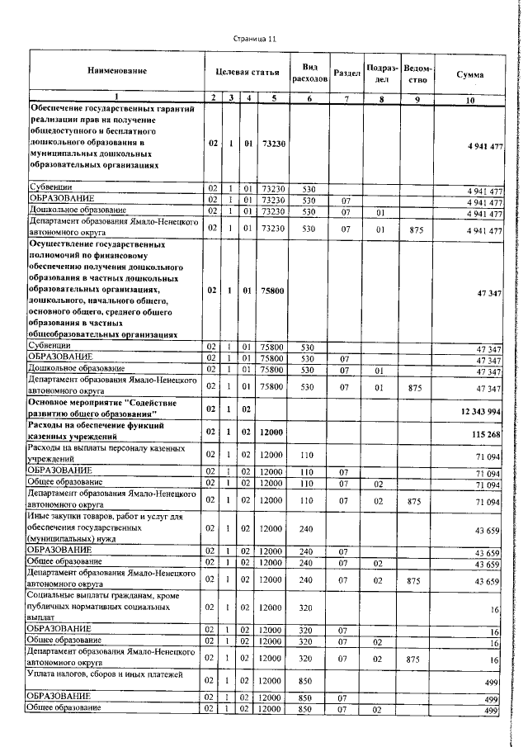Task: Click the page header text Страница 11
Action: (x=255, y=39)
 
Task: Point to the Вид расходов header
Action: (x=309, y=73)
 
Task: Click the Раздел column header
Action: (x=346, y=73)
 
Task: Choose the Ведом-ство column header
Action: (x=418, y=73)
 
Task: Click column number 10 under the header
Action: (x=469, y=100)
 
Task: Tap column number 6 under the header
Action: (x=309, y=100)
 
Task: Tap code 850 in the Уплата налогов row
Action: (x=309, y=682)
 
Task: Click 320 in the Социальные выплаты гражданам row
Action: (x=309, y=608)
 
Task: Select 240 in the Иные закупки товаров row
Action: (x=309, y=528)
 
